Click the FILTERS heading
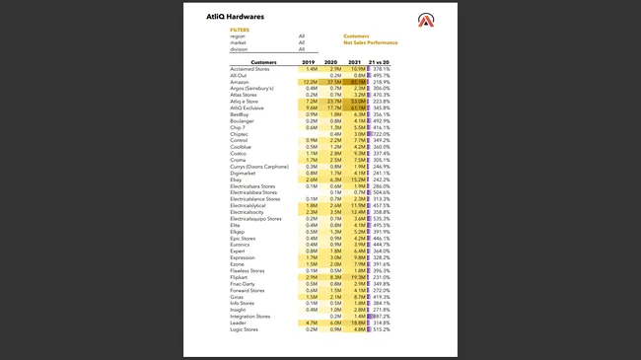pos(240,30)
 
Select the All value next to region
pos(302,36)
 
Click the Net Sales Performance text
pos(371,42)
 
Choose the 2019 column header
pos(308,62)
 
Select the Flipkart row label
pos(241,277)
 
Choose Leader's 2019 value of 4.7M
pos(311,323)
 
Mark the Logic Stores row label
pos(245,329)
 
